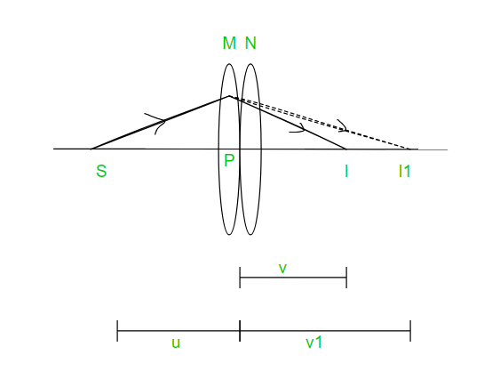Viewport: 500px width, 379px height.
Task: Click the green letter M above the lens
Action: pyautogui.click(x=229, y=43)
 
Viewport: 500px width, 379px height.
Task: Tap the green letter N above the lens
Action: pyautogui.click(x=250, y=43)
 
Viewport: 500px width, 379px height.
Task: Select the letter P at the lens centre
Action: pyautogui.click(x=229, y=160)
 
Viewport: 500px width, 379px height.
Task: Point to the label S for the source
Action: pyautogui.click(x=101, y=171)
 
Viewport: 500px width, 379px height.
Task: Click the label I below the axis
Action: pyautogui.click(x=346, y=171)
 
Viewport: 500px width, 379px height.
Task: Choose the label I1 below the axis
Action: pyautogui.click(x=404, y=171)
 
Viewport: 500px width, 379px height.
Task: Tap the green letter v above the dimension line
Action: pyautogui.click(x=282, y=269)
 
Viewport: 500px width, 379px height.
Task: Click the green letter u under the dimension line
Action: pyautogui.click(x=176, y=343)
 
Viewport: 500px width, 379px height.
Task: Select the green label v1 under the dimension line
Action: pyautogui.click(x=313, y=343)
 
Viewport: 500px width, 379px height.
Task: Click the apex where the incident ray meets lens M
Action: pyautogui.click(x=229, y=96)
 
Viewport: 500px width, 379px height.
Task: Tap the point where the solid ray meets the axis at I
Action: pyautogui.click(x=345, y=149)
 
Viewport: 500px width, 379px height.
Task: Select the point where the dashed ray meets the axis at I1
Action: pyautogui.click(x=409, y=149)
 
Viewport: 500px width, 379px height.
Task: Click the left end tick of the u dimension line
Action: pyautogui.click(x=117, y=331)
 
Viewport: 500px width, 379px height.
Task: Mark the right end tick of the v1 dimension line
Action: pyautogui.click(x=410, y=331)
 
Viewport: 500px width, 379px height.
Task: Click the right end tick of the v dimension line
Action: pyautogui.click(x=346, y=278)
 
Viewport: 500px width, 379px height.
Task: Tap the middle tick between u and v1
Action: pyautogui.click(x=240, y=331)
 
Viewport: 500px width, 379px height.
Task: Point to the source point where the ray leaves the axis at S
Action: pyautogui.click(x=91, y=149)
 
